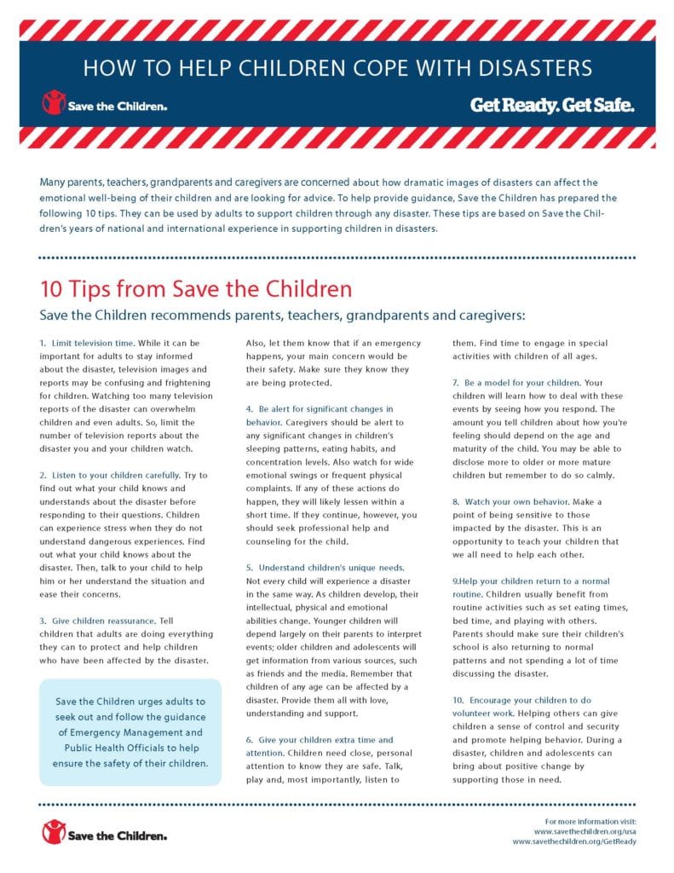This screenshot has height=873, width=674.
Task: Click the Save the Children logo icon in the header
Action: click(x=54, y=104)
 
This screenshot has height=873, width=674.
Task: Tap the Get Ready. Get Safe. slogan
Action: click(x=551, y=106)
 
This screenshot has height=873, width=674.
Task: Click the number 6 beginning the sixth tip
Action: click(x=249, y=740)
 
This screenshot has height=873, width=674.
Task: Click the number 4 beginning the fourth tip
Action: click(x=249, y=409)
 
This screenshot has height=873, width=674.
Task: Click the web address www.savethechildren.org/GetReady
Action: click(x=574, y=841)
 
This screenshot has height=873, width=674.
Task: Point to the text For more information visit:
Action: click(x=585, y=818)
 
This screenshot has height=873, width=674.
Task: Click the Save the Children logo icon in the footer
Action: click(x=54, y=832)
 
